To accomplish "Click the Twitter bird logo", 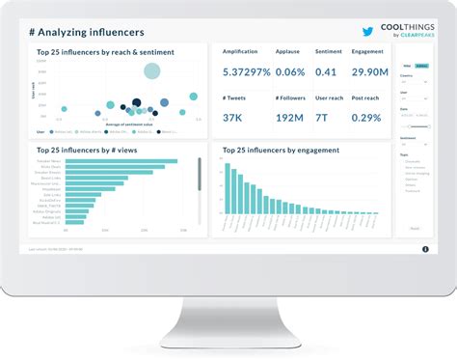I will (x=366, y=31).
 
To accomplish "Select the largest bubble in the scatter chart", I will (x=151, y=70).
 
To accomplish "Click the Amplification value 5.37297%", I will (x=246, y=71).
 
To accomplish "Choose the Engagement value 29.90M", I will (x=370, y=71).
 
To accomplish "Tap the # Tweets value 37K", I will (x=233, y=117).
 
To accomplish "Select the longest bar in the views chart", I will (x=121, y=161).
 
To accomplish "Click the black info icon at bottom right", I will (x=425, y=249).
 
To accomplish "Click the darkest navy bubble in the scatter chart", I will (x=137, y=102).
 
